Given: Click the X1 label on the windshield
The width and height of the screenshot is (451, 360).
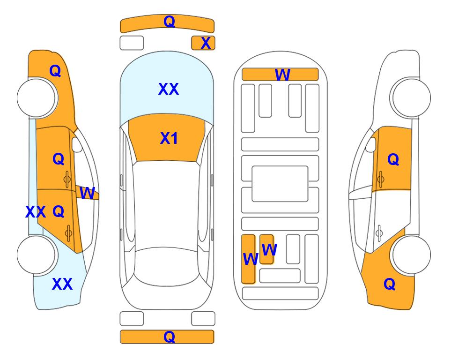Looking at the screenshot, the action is (169, 138).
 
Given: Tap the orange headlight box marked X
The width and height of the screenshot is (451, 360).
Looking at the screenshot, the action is (203, 43).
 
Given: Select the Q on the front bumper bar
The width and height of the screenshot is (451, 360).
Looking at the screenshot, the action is (169, 22).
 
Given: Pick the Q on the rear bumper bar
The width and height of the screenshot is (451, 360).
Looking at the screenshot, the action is (169, 337).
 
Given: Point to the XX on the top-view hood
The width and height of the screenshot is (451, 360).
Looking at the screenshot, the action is (169, 89).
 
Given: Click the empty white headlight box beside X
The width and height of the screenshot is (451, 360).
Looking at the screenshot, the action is (132, 43).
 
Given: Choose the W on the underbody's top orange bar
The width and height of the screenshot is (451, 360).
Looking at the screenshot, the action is (282, 75).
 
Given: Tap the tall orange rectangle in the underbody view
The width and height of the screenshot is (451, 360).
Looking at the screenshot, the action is (248, 259).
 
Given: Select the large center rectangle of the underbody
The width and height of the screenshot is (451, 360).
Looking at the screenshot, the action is (280, 184).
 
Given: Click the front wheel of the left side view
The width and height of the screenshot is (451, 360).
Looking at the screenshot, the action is (36, 98).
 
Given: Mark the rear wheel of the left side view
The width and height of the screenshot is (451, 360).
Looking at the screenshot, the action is (36, 255).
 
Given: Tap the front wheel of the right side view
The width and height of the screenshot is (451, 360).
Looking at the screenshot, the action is (411, 98).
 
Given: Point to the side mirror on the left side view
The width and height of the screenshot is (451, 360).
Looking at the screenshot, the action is (77, 144).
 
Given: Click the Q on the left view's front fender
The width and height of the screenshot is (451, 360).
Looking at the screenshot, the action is (55, 71).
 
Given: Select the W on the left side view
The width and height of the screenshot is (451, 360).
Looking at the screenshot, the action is (87, 193).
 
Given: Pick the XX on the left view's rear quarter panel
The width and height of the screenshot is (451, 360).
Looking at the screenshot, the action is (62, 284).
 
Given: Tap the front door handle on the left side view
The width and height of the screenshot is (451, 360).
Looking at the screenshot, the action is (67, 179).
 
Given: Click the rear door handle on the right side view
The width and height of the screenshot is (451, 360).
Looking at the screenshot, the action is (380, 233).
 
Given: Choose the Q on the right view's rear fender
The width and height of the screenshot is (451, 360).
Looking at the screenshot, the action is (390, 284).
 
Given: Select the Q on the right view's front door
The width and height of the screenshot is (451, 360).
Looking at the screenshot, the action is (393, 159).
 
